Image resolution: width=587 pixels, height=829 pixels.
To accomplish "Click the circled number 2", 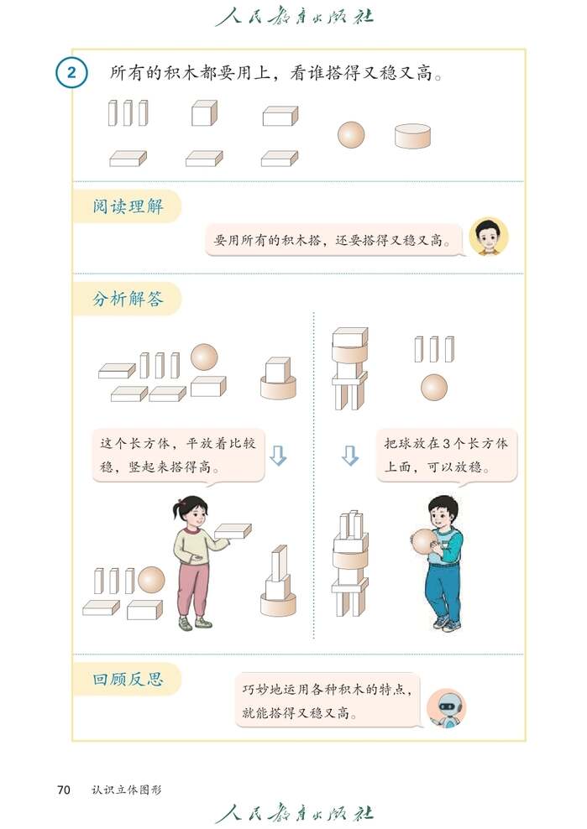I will coord(71,73).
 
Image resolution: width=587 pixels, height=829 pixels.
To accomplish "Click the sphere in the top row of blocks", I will coord(351,134).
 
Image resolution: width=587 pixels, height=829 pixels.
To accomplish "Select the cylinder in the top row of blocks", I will coord(412,136).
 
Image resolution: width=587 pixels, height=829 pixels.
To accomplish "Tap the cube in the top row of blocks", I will coord(204,113).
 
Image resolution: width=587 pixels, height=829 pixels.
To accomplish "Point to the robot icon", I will coord(446,708).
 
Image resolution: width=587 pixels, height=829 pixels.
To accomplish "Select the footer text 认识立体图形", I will coord(127,790).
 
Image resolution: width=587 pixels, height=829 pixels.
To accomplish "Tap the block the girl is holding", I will coord(233,530).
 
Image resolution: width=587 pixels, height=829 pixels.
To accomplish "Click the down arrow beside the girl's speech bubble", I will coord(278,456).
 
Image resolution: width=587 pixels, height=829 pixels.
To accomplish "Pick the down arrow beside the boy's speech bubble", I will coord(349,456).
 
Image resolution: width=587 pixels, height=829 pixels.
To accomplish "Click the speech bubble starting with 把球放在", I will coord(446,456).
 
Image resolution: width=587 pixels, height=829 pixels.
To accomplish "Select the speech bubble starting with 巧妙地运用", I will coord(328,700).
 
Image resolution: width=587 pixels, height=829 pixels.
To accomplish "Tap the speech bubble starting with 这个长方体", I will coord(178,456).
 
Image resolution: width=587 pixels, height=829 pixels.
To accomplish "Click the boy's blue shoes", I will coord(445,623).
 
